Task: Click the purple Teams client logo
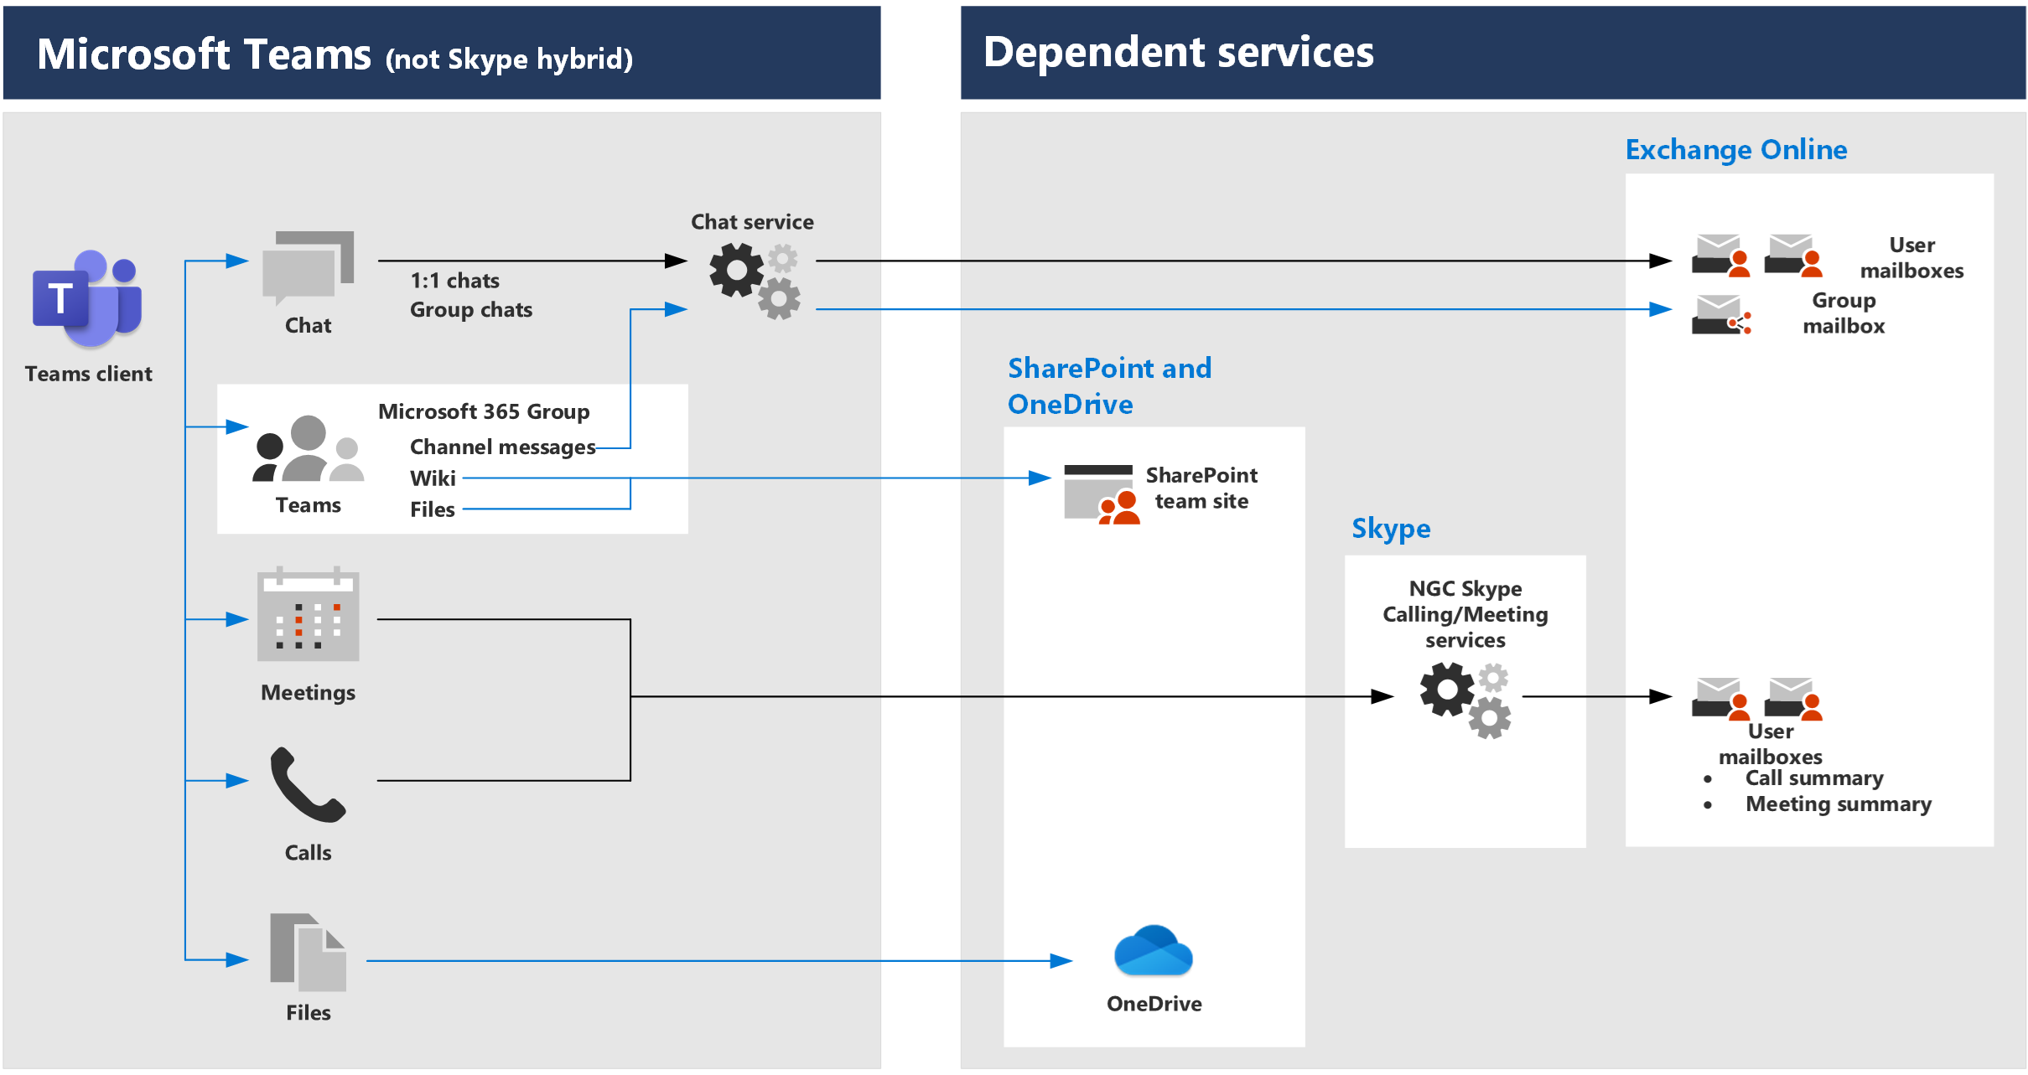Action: [x=87, y=299]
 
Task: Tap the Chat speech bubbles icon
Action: [x=308, y=267]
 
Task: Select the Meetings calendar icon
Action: [x=308, y=615]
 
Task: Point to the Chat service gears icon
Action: [x=754, y=280]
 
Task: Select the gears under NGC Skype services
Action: [x=1465, y=700]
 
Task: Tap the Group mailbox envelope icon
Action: [x=1720, y=315]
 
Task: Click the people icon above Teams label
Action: [x=308, y=449]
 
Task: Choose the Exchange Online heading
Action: [x=1735, y=150]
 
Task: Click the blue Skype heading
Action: [x=1390, y=529]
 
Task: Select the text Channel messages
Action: [x=502, y=447]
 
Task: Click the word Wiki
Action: [x=433, y=478]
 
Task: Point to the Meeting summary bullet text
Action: [x=1838, y=804]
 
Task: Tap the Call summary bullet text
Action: [x=1813, y=778]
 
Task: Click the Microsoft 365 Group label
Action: [x=484, y=411]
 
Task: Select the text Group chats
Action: [x=470, y=310]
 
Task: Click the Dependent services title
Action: [x=1178, y=53]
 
